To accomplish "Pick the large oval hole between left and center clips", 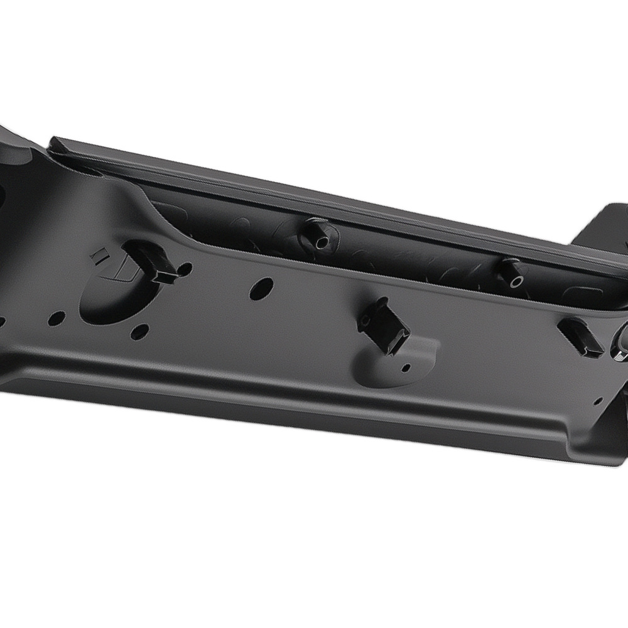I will click(x=261, y=288).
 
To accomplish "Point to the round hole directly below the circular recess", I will click(x=139, y=332).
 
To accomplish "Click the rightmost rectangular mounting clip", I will click(x=582, y=338).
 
